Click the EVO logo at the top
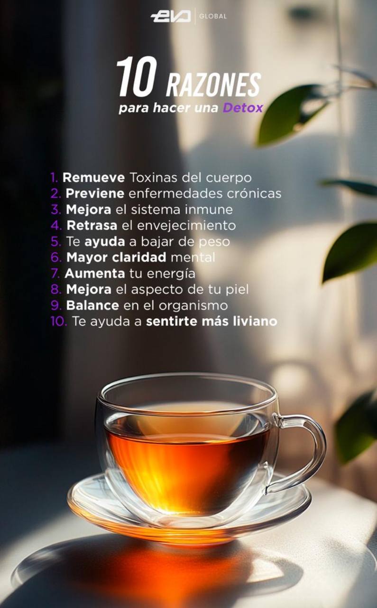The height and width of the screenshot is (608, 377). (x=170, y=17)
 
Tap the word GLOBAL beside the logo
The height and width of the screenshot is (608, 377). (x=213, y=17)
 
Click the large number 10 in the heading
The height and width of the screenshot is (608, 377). (x=137, y=77)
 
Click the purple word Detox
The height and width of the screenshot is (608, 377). (x=243, y=108)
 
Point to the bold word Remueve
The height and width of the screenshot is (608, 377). (x=94, y=178)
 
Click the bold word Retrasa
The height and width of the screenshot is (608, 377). (x=92, y=226)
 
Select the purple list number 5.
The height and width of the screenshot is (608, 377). (x=56, y=242)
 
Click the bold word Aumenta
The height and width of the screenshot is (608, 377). (x=95, y=273)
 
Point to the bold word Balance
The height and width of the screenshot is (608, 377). (x=92, y=305)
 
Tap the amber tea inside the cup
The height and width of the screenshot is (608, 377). (x=187, y=467)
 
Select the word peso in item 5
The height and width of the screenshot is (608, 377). (x=214, y=242)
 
